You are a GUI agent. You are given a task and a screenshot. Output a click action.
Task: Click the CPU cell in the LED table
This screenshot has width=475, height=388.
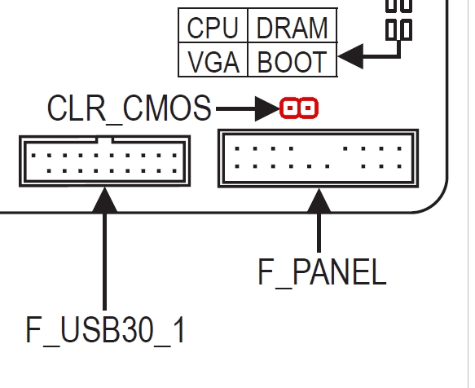tap(213, 28)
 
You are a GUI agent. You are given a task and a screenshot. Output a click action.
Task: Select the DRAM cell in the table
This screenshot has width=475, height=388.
tap(292, 28)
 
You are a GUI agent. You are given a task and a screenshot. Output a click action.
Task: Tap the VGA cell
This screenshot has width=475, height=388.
tap(213, 61)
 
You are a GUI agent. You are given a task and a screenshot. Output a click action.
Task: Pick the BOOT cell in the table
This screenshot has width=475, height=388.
tap(292, 61)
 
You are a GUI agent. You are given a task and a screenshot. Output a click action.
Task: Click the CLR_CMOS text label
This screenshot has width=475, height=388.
tap(129, 108)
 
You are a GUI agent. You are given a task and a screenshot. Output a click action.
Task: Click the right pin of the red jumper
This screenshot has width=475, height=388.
tap(310, 108)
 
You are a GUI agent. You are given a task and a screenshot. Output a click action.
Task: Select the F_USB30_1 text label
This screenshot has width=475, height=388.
tap(105, 330)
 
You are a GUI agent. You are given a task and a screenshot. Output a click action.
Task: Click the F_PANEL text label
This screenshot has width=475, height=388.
tap(321, 272)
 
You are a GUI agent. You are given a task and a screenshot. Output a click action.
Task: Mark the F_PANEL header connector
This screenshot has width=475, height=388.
tap(318, 157)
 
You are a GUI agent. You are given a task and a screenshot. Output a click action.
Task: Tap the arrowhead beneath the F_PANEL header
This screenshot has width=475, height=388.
tap(318, 200)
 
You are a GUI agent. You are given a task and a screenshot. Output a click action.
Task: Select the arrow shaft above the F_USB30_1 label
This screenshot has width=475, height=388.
tap(104, 261)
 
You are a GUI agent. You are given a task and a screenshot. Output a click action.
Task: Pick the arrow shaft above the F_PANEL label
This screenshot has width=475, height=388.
tap(318, 232)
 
